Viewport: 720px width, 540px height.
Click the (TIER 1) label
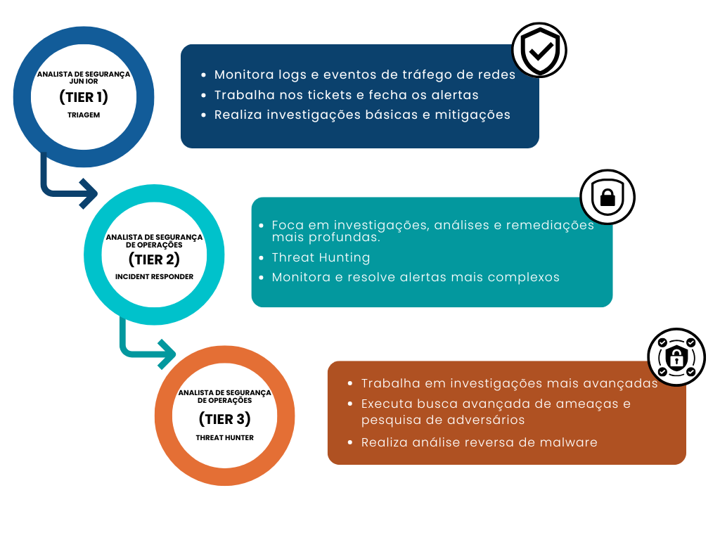[84, 97]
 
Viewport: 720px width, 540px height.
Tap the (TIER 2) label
[154, 259]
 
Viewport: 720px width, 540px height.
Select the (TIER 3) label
[224, 420]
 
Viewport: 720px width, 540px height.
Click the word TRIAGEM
[84, 114]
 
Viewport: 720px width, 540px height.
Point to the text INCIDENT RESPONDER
[154, 277]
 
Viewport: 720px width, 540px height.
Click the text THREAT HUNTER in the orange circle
[224, 437]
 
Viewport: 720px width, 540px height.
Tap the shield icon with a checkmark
[539, 51]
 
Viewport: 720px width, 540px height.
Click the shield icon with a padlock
[606, 198]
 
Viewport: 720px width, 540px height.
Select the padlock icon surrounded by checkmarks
[676, 357]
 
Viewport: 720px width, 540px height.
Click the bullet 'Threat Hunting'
[321, 257]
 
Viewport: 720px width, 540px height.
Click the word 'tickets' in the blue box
[341, 95]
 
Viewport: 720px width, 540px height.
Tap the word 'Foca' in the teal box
[288, 225]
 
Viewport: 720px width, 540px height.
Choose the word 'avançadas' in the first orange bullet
[622, 383]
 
